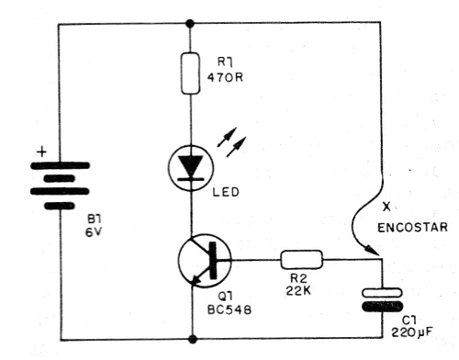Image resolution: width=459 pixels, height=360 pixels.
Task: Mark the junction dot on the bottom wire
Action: coord(191,338)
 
